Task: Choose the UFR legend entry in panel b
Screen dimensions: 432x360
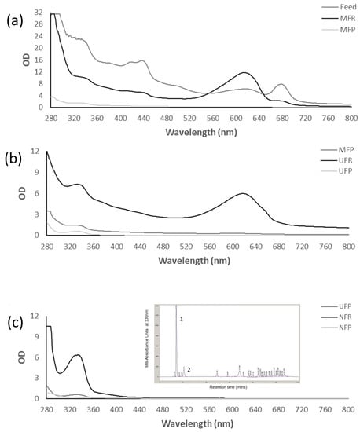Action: [333, 159]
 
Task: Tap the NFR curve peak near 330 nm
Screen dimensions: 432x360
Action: [77, 355]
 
